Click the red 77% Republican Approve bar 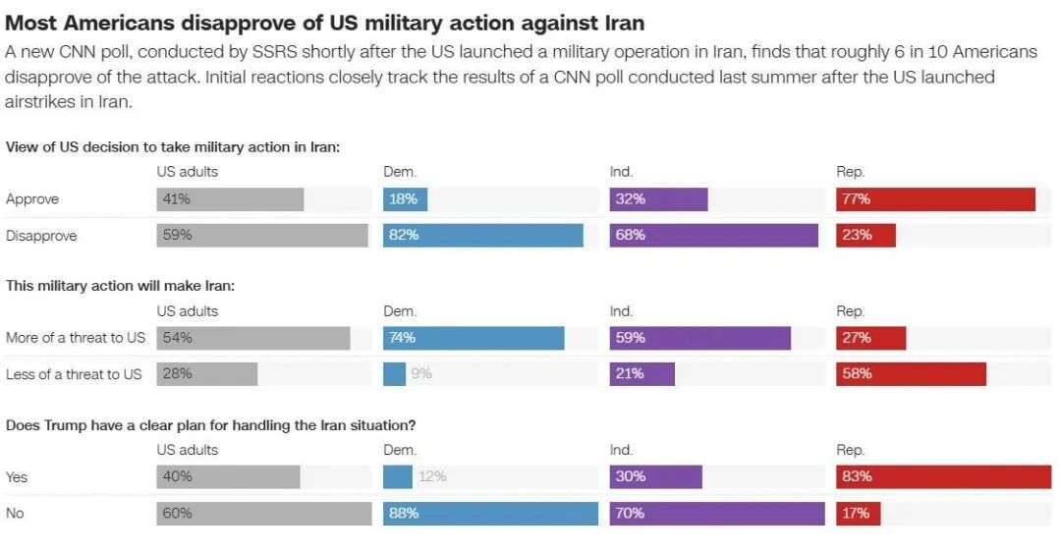(935, 199)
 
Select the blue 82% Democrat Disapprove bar (482, 236)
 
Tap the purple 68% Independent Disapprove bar (713, 236)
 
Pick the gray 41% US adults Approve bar (230, 199)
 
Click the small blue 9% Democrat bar (394, 374)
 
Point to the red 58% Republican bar (911, 374)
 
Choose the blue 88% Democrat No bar (490, 513)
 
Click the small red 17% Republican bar (858, 513)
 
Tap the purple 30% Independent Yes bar (655, 476)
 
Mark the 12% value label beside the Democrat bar (432, 476)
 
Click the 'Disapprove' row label (41, 236)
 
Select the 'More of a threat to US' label (76, 338)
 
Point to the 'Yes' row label (17, 476)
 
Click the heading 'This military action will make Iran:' (121, 286)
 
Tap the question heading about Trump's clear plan (210, 425)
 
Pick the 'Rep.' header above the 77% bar (850, 172)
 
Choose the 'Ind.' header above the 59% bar (621, 311)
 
